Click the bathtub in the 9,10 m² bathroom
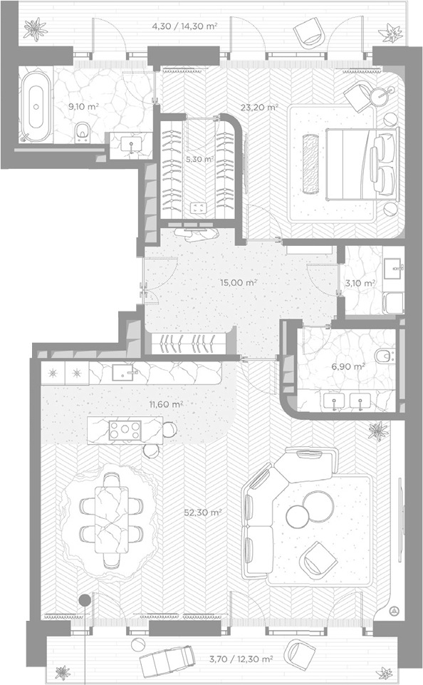(x=36, y=107)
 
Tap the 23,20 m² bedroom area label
(x=259, y=107)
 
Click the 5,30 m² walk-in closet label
(x=199, y=160)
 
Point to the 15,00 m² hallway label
(x=238, y=283)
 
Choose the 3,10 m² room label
(x=360, y=283)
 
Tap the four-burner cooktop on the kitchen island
(x=125, y=430)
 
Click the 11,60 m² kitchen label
(x=166, y=405)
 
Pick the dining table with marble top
(x=112, y=520)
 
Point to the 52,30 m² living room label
(x=202, y=512)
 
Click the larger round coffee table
(x=318, y=507)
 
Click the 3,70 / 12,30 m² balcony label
(x=241, y=659)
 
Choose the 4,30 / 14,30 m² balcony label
(x=184, y=26)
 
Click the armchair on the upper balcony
(x=310, y=32)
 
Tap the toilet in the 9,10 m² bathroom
(x=82, y=131)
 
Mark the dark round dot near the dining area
(x=84, y=600)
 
